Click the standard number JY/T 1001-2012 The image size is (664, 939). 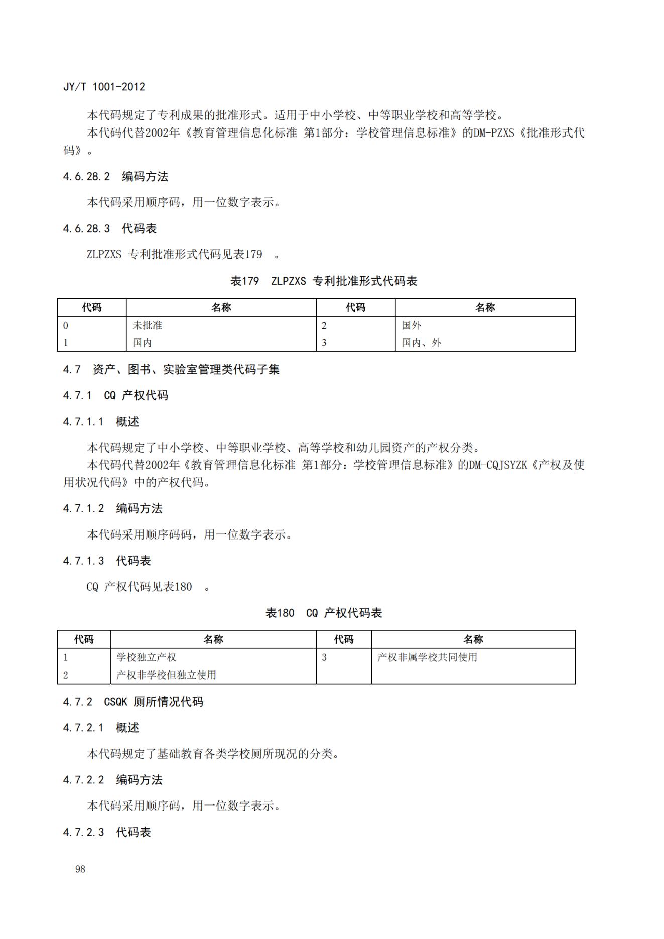[x=104, y=87]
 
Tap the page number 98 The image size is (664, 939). [x=80, y=869]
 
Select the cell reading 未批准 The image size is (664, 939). [x=147, y=325]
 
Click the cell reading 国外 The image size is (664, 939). [x=411, y=325]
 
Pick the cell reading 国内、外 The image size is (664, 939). [x=421, y=343]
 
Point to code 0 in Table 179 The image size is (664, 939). [x=66, y=325]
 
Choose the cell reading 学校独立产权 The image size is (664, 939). [x=146, y=657]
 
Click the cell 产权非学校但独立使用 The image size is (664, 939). [x=166, y=675]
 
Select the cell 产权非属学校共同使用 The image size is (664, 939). [x=427, y=657]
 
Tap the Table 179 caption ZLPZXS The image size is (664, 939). [x=288, y=281]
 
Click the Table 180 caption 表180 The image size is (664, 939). [x=280, y=613]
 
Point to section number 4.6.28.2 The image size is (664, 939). [x=86, y=177]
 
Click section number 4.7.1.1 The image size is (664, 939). [x=83, y=422]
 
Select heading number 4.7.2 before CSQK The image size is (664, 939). [x=78, y=702]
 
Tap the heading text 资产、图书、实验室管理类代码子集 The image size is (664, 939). [x=186, y=370]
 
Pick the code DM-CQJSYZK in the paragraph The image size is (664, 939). [x=498, y=465]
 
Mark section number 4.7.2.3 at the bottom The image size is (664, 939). [x=83, y=832]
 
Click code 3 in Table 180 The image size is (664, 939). [x=324, y=657]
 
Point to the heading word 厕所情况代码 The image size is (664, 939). [x=168, y=702]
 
